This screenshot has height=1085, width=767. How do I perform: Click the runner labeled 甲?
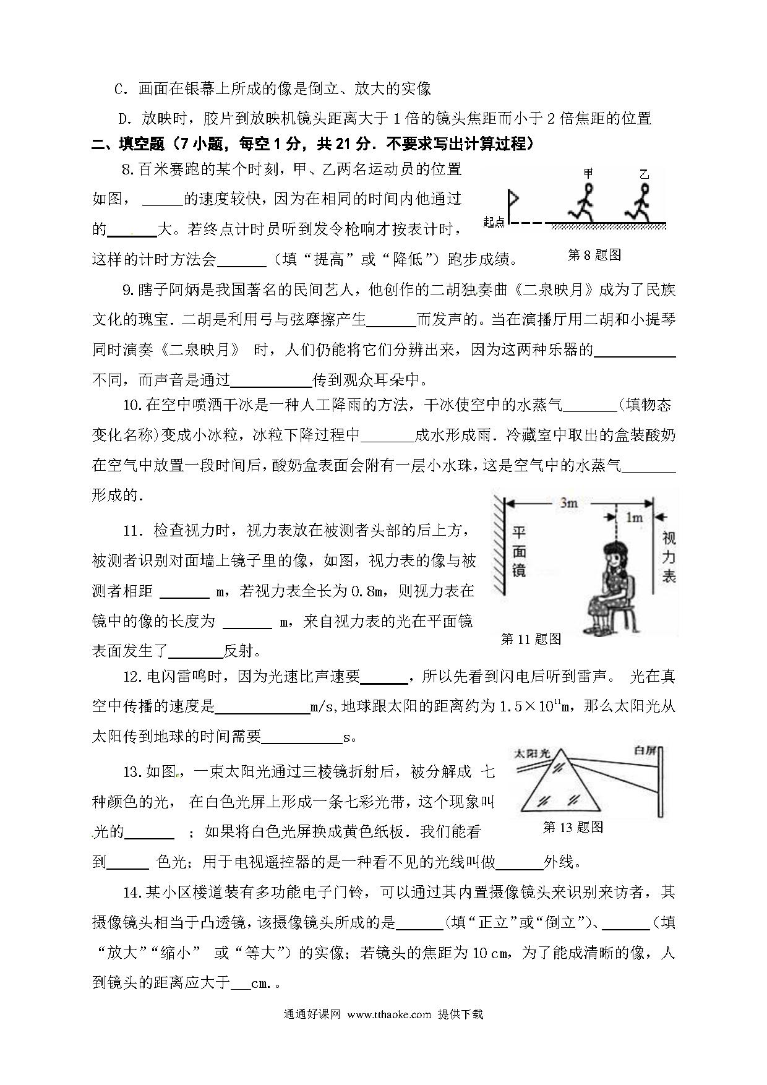tap(585, 202)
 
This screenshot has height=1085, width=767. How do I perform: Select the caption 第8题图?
tap(594, 255)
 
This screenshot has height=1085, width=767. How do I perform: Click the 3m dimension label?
tap(568, 503)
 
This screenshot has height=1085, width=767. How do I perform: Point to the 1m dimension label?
tap(634, 518)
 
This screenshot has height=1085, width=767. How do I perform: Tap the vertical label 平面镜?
tap(519, 552)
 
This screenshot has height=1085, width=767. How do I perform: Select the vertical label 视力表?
tap(669, 557)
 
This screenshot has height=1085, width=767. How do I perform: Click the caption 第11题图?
tap(531, 639)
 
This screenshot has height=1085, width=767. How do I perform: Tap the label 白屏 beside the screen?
tap(644, 751)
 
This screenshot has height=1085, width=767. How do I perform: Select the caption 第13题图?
tap(573, 827)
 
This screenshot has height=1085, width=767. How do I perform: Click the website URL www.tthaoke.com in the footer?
tap(389, 1014)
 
